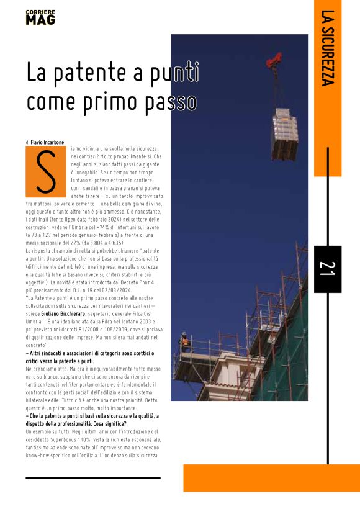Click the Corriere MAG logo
[x=40, y=17]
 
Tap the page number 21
[x=327, y=269]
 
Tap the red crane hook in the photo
[x=274, y=60]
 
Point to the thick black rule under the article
[x=93, y=478]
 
